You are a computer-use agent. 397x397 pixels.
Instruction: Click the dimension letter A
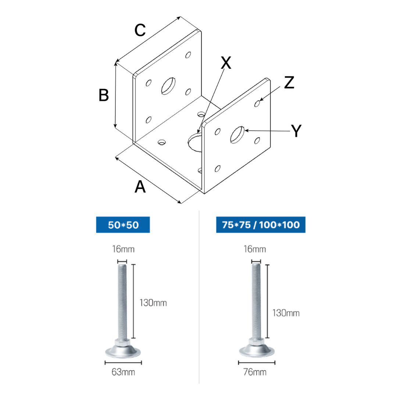(x=140, y=187)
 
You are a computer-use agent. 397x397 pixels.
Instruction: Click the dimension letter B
(x=104, y=95)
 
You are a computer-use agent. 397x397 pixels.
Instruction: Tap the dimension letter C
(x=140, y=30)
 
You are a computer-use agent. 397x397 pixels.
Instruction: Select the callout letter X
(x=226, y=62)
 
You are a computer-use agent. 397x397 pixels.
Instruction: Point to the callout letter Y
(x=296, y=130)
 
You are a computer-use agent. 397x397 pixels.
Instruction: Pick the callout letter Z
(x=289, y=82)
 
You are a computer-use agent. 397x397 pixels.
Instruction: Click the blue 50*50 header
(x=123, y=225)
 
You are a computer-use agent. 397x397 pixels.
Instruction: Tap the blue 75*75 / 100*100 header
(x=261, y=225)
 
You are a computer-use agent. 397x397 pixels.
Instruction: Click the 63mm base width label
(x=123, y=372)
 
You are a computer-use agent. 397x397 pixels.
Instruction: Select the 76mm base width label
(x=255, y=372)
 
